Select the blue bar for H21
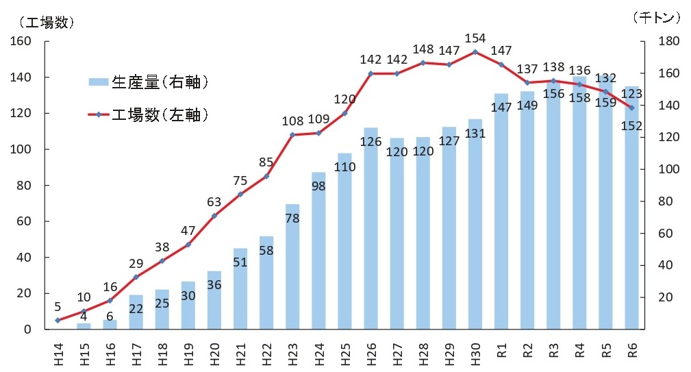[x=240, y=288]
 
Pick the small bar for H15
[x=84, y=326]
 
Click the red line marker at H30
[x=475, y=52]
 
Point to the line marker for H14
[x=58, y=321]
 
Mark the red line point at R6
[x=631, y=108]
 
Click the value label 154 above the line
[x=475, y=38]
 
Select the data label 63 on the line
[x=214, y=201]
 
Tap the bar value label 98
[x=318, y=186]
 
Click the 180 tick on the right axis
[x=667, y=42]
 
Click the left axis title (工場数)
[x=42, y=21]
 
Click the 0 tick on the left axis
[x=28, y=330]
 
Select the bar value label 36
[x=214, y=284]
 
